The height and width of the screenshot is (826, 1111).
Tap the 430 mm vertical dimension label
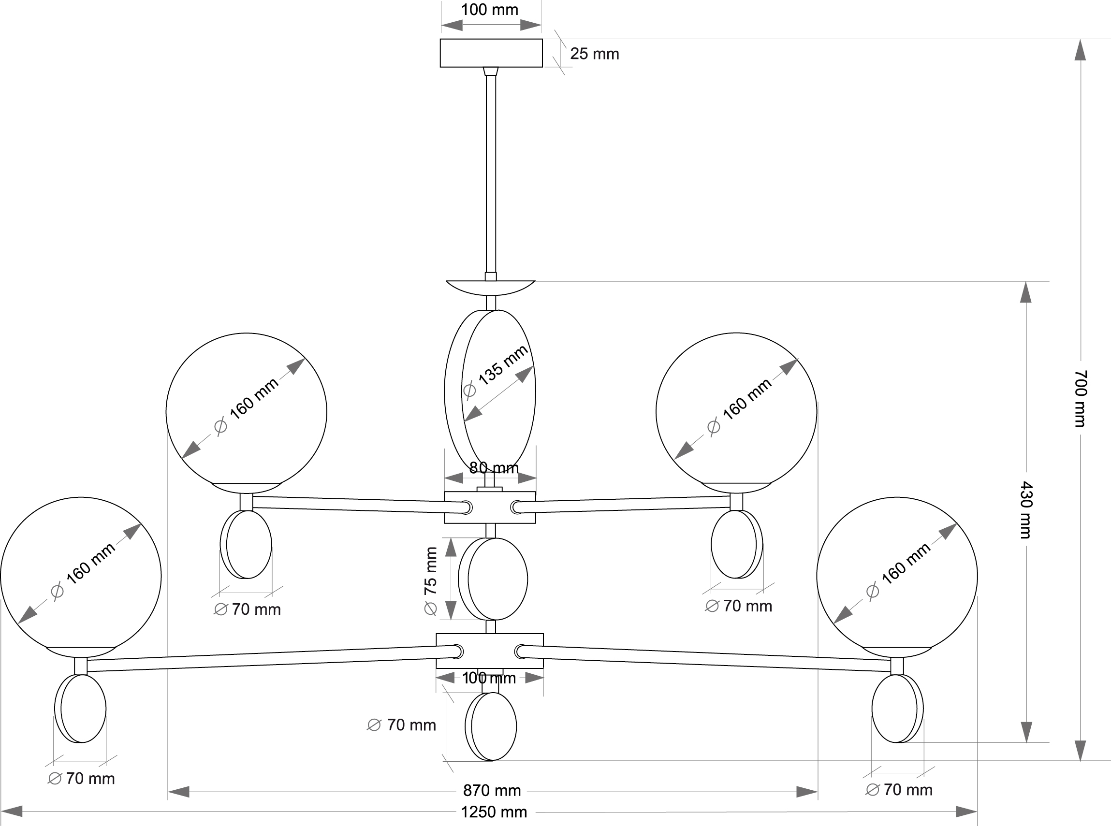[x=1025, y=509]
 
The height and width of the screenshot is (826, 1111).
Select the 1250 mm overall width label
[x=494, y=812]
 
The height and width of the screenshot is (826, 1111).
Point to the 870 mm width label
[x=492, y=791]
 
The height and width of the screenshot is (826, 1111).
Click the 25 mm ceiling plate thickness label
[x=594, y=54]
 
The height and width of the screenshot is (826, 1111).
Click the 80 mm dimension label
[x=494, y=467]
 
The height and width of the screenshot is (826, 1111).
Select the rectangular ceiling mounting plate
[x=491, y=53]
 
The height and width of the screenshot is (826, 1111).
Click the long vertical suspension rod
[x=491, y=175]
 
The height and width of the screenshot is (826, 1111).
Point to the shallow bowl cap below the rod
[x=491, y=288]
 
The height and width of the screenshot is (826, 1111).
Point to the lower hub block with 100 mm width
[x=489, y=651]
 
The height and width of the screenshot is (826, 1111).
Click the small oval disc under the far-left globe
[x=81, y=709]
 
